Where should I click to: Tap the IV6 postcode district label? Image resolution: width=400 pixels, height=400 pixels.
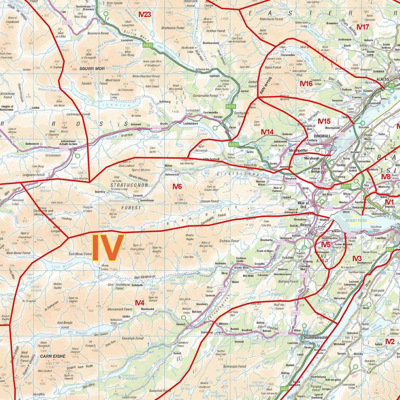point(178,187)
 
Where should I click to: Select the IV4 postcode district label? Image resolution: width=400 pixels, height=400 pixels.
point(140,302)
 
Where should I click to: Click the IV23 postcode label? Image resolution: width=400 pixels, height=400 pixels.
point(145,14)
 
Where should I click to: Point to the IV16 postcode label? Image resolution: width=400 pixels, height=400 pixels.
point(306,84)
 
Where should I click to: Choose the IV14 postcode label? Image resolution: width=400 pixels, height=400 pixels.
point(267,132)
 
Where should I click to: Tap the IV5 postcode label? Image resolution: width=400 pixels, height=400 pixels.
point(326,245)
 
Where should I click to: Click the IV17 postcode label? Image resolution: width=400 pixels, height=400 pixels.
point(363,27)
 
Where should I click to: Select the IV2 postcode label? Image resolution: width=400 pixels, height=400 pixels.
point(389,341)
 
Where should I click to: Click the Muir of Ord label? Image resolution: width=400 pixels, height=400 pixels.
point(303,205)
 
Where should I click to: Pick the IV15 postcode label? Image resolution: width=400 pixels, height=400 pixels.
point(324,121)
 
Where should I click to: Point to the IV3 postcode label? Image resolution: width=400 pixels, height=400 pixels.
point(357,258)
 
